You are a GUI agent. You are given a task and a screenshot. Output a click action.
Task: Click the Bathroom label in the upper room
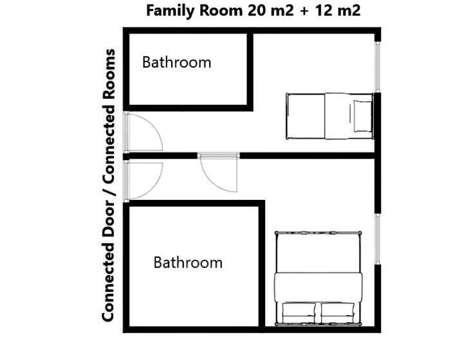click(x=176, y=62)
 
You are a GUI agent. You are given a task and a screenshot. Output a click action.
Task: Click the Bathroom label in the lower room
click(x=188, y=262)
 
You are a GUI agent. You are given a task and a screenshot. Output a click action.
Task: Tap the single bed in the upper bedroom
click(x=329, y=116)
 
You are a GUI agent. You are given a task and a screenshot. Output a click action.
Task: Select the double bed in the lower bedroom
click(x=319, y=278)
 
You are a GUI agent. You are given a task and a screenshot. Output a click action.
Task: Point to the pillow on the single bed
click(x=362, y=116)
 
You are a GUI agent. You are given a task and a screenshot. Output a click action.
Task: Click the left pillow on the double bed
click(x=299, y=313)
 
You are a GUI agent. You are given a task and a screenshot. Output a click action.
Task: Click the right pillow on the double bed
click(x=338, y=313)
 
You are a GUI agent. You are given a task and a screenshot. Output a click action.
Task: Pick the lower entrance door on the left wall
click(x=144, y=181)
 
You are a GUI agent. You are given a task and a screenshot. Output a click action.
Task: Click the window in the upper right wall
click(x=377, y=67)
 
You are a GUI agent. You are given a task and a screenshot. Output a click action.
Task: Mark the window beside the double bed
click(x=377, y=239)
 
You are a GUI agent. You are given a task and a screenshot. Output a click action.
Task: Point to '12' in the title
click(x=323, y=11)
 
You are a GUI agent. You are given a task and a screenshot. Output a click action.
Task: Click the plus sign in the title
click(x=304, y=11)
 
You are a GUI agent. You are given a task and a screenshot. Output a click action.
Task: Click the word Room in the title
click(x=221, y=11)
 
